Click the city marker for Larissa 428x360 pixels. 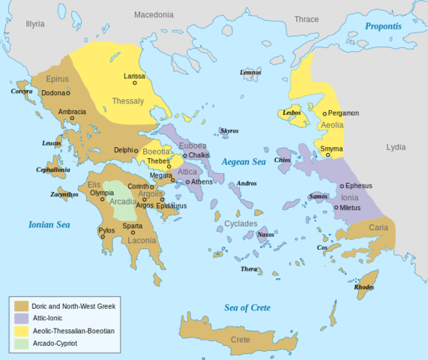135,82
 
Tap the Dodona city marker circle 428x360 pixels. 68,93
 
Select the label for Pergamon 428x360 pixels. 343,113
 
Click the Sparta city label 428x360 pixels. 132,226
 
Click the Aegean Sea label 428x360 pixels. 244,161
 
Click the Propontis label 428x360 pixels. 383,26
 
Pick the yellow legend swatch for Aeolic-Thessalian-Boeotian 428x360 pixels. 21,331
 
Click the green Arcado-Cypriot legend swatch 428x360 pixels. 21,343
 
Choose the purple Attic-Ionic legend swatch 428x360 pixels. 21,318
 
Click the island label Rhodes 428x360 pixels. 364,286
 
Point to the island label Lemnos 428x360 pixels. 250,72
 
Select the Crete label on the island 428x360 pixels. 240,340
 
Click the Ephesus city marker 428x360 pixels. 342,186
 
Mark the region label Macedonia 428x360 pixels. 153,14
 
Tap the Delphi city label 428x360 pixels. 124,150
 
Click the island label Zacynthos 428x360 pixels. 64,194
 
